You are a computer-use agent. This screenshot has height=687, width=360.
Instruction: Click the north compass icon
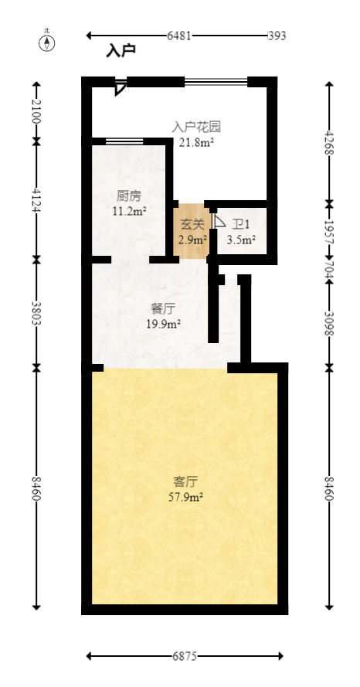pos(47,42)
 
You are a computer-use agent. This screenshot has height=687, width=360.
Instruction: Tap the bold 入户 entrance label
pos(121,51)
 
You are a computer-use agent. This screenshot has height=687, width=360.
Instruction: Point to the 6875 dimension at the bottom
pos(184,656)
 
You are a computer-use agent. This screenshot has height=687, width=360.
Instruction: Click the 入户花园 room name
pos(196,126)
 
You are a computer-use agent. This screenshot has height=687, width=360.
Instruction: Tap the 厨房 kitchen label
pos(127,196)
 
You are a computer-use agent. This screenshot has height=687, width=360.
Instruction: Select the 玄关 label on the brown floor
pos(192,225)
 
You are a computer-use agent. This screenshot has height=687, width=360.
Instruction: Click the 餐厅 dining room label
pos(163,308)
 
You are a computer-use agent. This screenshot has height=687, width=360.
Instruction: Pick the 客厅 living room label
pos(186,481)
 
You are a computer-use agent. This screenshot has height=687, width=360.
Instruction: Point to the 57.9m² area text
pos(186,497)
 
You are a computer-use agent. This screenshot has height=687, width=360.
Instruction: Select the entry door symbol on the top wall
pos(119,87)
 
